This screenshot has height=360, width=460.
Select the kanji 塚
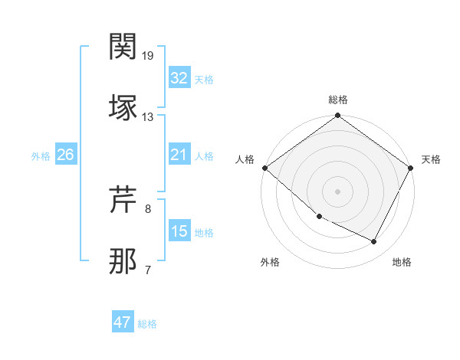[123, 107]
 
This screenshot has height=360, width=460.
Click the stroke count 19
[148, 56]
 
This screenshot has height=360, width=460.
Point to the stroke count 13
[148, 117]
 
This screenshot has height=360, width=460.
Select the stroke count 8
[148, 208]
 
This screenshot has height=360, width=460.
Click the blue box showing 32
[179, 78]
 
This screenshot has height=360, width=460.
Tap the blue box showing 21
[179, 155]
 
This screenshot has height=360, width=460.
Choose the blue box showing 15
[179, 231]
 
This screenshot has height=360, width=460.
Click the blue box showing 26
[65, 155]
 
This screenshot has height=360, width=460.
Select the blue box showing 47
[123, 322]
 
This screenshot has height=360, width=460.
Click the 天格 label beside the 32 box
[204, 80]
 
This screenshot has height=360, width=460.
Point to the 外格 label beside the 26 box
[41, 156]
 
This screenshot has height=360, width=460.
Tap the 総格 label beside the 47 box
[147, 324]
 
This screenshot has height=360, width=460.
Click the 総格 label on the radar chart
[338, 100]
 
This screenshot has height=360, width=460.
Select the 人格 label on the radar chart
[245, 159]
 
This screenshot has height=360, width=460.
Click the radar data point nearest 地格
[374, 242]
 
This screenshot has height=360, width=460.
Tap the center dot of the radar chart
[338, 191]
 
